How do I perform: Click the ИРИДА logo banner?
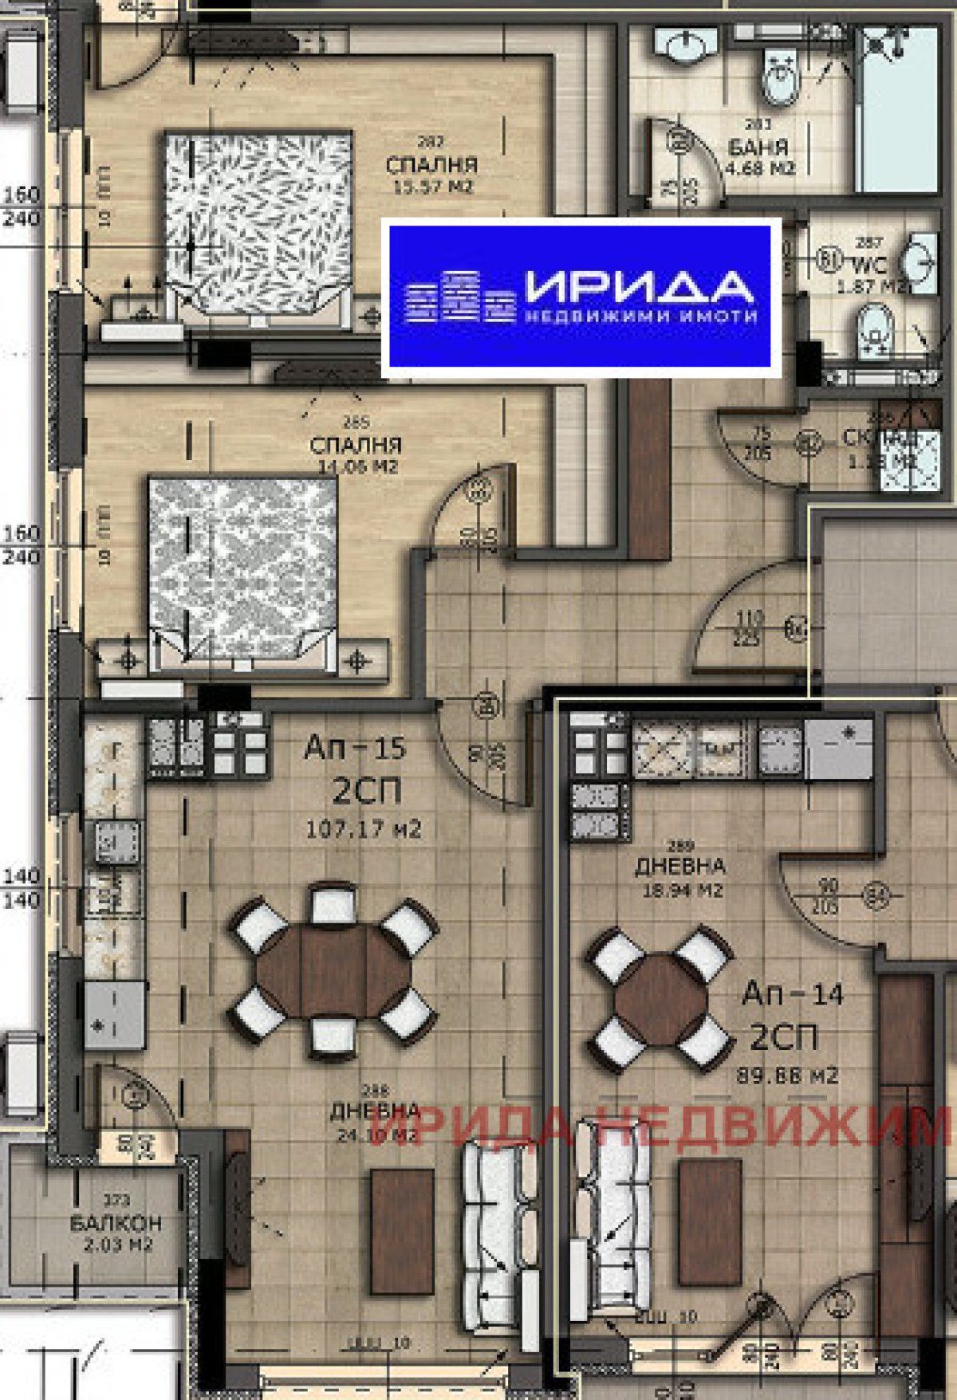point(580,297)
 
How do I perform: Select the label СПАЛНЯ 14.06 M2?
point(356,454)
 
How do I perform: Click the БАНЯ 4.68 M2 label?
point(758,157)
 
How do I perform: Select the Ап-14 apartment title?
point(793,994)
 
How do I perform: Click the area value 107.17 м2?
point(364,829)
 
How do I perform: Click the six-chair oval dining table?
point(333,973)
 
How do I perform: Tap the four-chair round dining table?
point(660,997)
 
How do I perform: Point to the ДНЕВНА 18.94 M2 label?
point(680,875)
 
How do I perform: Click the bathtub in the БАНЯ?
point(897,112)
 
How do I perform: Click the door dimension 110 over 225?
point(750,627)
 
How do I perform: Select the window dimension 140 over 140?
point(22,887)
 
